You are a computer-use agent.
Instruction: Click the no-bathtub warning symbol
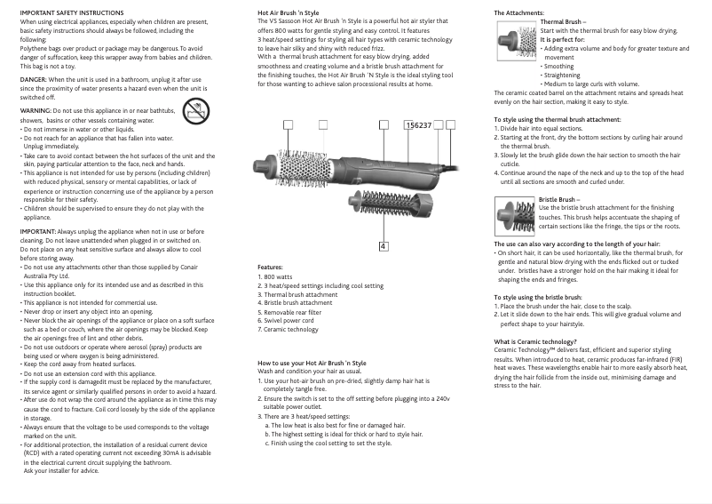click(195, 111)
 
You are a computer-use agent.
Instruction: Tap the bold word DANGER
click(34, 78)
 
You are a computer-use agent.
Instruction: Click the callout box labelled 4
click(383, 220)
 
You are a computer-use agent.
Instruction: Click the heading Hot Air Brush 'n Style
click(288, 12)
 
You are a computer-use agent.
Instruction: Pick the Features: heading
click(270, 267)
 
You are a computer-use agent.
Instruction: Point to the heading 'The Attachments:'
click(518, 12)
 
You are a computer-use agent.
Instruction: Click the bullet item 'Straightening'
click(561, 75)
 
